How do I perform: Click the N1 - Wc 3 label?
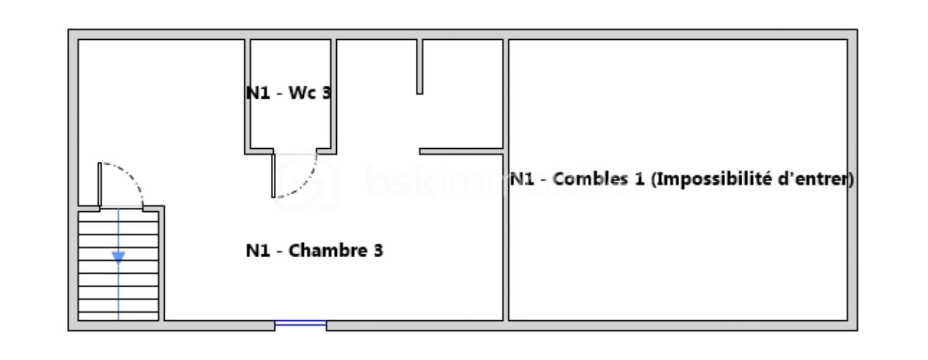click(289, 93)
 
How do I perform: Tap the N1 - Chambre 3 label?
click(315, 250)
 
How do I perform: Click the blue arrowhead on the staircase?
click(119, 257)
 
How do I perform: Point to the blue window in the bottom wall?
click(301, 323)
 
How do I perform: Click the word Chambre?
click(328, 250)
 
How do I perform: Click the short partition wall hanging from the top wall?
click(420, 66)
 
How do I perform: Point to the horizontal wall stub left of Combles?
click(461, 152)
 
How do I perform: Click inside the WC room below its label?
click(290, 124)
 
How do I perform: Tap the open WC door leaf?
click(273, 175)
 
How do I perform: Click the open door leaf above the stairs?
click(100, 185)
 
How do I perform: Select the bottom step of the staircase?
click(119, 316)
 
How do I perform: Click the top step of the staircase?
click(119, 216)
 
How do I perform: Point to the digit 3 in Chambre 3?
click(378, 250)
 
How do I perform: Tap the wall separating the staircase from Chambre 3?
click(161, 263)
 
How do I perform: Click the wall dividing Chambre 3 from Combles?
click(506, 180)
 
